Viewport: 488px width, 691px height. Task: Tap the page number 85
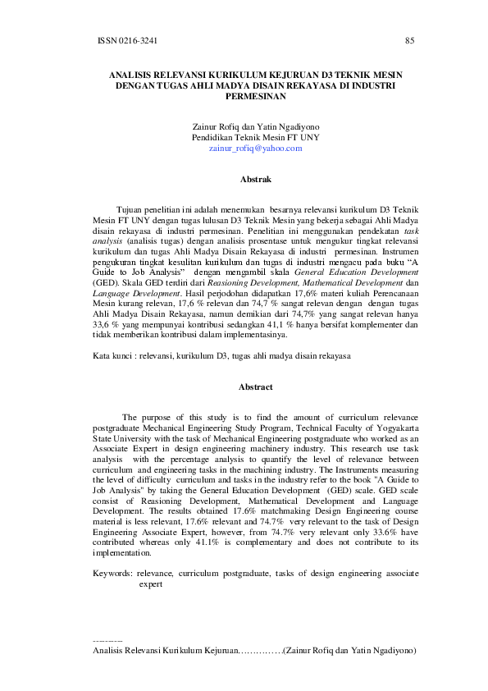coord(410,40)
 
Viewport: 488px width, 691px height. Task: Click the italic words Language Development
coord(116,291)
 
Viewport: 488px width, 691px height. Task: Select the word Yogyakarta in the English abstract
coord(397,428)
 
